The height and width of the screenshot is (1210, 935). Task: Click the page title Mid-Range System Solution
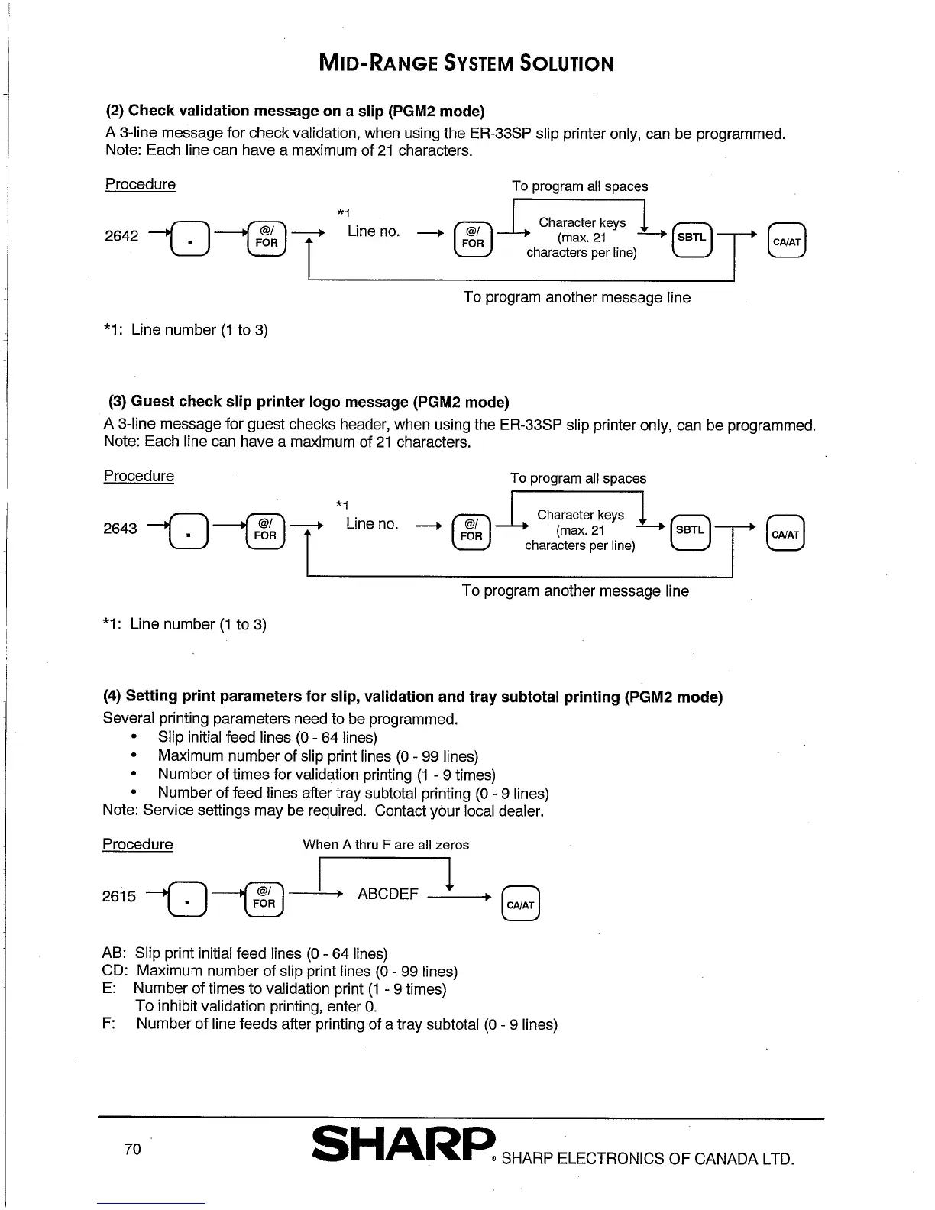(465, 63)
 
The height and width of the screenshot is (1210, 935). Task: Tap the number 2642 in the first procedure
(121, 235)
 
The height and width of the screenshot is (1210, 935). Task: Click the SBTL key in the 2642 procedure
(691, 238)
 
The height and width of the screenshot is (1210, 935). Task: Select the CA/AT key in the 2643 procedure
(785, 535)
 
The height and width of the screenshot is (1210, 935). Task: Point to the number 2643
(120, 529)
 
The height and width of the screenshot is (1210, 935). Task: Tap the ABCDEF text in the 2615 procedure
(387, 894)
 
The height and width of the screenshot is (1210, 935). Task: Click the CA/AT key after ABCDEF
(521, 904)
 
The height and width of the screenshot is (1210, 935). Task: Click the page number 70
(132, 1150)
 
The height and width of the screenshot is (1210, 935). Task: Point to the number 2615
(119, 896)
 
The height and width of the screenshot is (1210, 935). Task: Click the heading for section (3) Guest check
(308, 402)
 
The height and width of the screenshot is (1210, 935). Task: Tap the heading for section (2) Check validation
(295, 111)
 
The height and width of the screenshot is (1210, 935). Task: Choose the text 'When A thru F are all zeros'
(386, 845)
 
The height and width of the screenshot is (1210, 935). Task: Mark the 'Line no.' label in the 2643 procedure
(372, 524)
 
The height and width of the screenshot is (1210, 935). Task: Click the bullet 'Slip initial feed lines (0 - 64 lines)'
(267, 737)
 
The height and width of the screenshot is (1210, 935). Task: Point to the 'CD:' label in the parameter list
(114, 971)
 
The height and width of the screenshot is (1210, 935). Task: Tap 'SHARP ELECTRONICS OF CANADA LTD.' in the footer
(648, 1159)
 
